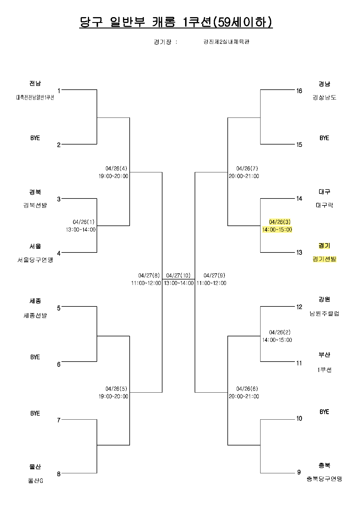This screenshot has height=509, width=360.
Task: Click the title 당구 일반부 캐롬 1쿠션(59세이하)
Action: click(x=176, y=22)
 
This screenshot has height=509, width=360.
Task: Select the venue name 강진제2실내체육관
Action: click(x=226, y=42)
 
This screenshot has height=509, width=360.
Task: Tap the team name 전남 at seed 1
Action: click(x=35, y=84)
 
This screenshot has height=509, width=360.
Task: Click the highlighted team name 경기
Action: click(x=324, y=246)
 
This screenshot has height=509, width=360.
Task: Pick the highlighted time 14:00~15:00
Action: click(x=277, y=230)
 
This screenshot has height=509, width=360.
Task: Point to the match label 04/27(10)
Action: click(x=178, y=275)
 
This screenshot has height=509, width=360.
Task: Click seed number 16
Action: click(x=299, y=91)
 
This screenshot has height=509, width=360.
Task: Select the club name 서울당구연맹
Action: click(x=35, y=260)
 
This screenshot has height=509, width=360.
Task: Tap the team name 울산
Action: click(x=35, y=467)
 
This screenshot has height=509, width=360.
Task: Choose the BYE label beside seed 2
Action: click(x=35, y=138)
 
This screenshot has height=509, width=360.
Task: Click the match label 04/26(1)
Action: click(x=84, y=222)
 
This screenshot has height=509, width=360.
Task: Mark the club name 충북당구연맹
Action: click(x=324, y=479)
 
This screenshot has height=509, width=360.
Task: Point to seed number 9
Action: click(x=299, y=472)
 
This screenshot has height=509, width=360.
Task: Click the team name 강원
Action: click(x=324, y=299)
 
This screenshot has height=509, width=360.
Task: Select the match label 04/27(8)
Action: click(x=149, y=275)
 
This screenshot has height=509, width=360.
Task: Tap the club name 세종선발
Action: click(x=35, y=315)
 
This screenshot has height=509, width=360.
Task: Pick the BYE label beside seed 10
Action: click(x=324, y=412)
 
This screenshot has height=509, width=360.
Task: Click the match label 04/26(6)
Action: click(x=247, y=389)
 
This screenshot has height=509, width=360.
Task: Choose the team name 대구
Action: click(x=324, y=192)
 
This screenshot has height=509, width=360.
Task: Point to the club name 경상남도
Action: click(x=324, y=98)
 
